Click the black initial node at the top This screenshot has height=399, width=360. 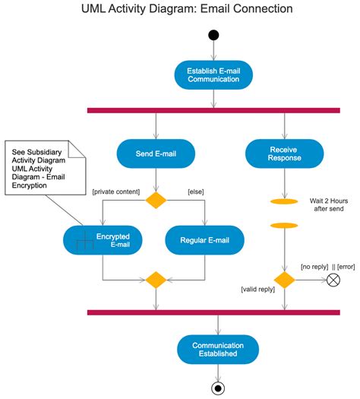[x=213, y=34]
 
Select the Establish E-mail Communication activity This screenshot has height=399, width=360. [x=214, y=74]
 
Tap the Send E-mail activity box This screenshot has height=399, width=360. [x=156, y=153]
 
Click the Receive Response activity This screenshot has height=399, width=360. [x=284, y=154]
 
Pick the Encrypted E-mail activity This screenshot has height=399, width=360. [x=101, y=240]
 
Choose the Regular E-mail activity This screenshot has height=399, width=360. [x=204, y=241]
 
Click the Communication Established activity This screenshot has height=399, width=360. [x=217, y=348]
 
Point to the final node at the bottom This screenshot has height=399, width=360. [x=218, y=388]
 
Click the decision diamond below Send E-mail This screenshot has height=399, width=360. [x=156, y=201]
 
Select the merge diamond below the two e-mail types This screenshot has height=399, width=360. [x=156, y=280]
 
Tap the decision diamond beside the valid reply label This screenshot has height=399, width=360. [x=284, y=280]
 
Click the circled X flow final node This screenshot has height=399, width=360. [x=333, y=280]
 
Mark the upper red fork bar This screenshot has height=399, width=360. [x=213, y=111]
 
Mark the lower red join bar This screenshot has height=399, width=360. [x=213, y=312]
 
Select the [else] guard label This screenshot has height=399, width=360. [x=197, y=192]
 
